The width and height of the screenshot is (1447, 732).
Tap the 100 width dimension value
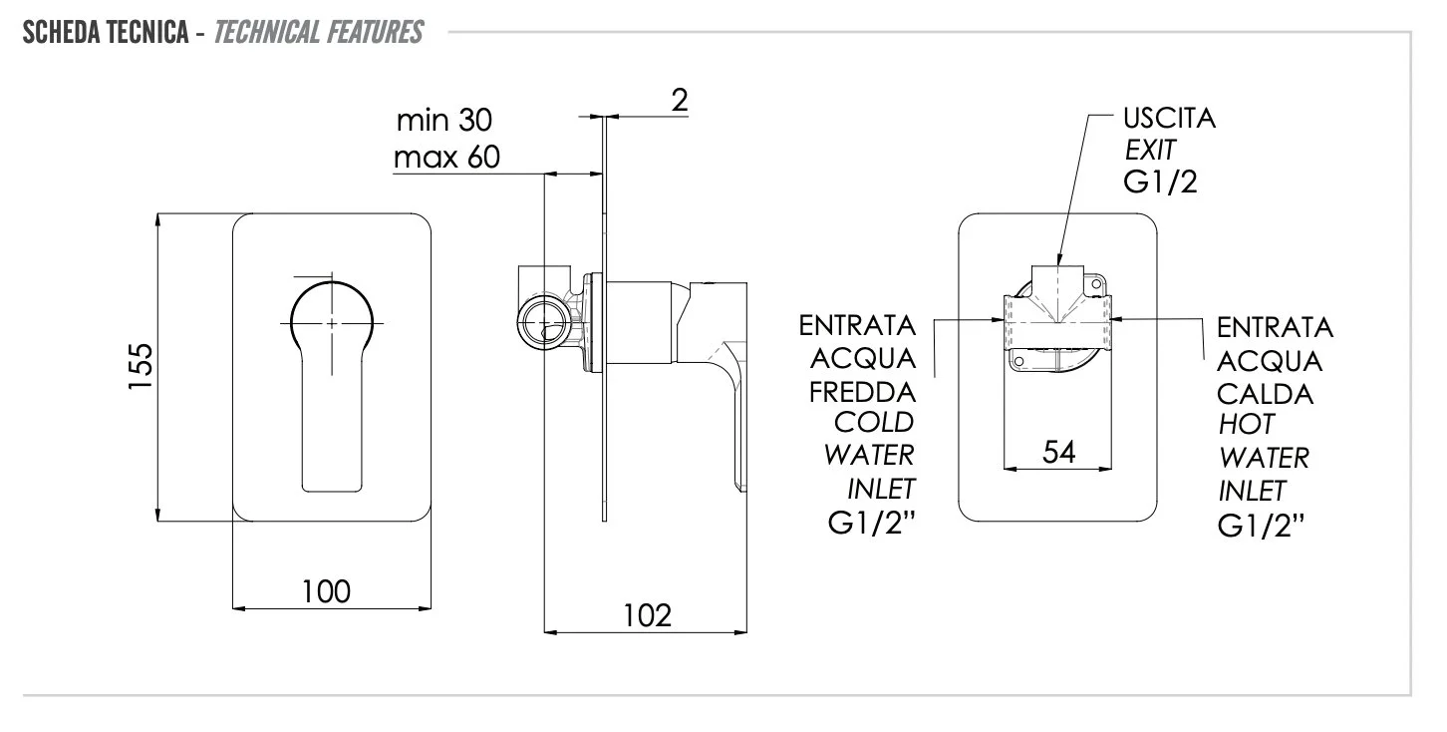click(x=326, y=591)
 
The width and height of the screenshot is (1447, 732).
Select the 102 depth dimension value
click(x=647, y=615)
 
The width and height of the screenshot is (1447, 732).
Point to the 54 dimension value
click(x=1058, y=452)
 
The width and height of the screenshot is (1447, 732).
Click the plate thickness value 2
click(x=680, y=100)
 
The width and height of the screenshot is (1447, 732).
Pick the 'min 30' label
click(x=444, y=121)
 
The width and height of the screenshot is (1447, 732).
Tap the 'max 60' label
click(x=445, y=158)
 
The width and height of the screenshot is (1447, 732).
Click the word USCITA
click(x=1169, y=119)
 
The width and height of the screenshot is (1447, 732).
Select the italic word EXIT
click(x=1150, y=152)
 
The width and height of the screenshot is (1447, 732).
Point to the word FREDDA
click(x=862, y=390)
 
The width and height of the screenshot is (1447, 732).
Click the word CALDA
click(x=1265, y=393)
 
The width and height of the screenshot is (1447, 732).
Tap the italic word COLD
click(x=874, y=422)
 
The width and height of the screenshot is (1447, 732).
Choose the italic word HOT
click(x=1246, y=425)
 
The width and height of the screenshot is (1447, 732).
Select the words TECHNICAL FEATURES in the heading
click(x=318, y=34)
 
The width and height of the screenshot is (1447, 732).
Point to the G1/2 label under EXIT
click(x=1159, y=183)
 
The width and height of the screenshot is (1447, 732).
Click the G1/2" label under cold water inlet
click(x=872, y=525)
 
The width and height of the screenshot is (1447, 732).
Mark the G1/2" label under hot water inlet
click(x=1261, y=525)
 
